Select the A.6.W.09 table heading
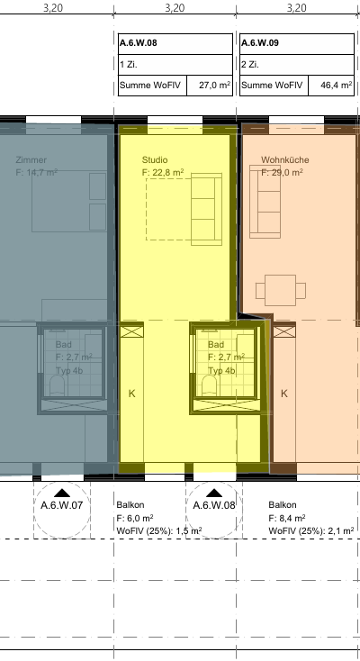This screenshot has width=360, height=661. click(260, 43)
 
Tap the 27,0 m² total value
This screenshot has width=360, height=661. click(214, 86)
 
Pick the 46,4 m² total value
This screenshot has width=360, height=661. click(337, 86)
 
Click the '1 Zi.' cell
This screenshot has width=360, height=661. click(129, 65)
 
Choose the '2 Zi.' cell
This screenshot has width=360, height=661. click(250, 65)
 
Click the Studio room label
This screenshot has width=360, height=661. click(155, 159)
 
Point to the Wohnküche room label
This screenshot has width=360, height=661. click(285, 159)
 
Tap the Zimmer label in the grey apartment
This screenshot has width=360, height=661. click(31, 159)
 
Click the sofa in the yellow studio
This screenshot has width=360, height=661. click(207, 209)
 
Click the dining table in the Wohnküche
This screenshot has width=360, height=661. click(280, 290)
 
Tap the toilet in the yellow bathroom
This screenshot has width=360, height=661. click(209, 385)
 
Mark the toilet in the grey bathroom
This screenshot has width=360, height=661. click(57, 385)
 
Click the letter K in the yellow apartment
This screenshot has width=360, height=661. click(132, 394)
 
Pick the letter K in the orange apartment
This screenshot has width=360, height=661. click(284, 394)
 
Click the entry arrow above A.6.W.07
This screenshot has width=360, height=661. click(62, 493)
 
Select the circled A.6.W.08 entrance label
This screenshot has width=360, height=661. click(214, 505)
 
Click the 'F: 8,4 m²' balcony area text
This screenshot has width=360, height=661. click(287, 518)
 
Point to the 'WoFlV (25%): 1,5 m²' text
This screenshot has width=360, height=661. click(159, 530)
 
